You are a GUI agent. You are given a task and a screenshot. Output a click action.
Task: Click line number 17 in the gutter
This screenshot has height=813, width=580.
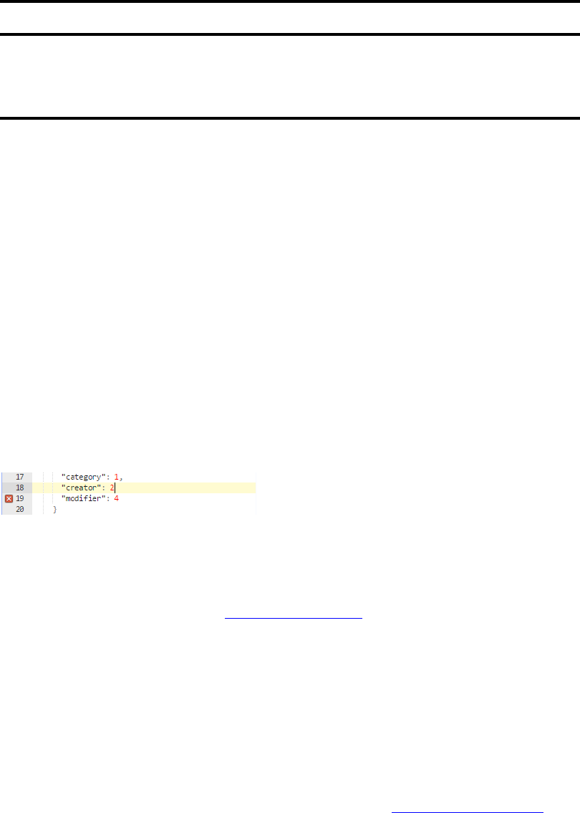pos(19,476)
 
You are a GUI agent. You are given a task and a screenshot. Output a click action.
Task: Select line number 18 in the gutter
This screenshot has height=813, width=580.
pos(19,488)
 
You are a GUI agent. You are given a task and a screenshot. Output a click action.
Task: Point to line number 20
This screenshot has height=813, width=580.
pos(19,509)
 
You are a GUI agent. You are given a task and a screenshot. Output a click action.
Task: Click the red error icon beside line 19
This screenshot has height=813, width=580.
pos(9,498)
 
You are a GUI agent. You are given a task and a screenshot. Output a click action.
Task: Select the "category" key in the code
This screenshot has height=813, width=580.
pos(84,476)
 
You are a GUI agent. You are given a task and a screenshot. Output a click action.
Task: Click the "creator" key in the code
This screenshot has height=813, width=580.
pos(80,488)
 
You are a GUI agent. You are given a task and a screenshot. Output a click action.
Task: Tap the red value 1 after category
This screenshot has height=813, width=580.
pos(116,476)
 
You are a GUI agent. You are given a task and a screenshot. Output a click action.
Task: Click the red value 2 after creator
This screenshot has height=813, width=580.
pos(112,488)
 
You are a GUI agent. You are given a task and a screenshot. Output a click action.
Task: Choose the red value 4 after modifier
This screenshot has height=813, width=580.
pos(116,498)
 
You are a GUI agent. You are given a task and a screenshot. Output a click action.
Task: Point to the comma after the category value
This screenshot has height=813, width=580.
pos(120,477)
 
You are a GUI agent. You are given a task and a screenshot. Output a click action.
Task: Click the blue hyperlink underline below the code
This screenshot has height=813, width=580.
pos(294,616)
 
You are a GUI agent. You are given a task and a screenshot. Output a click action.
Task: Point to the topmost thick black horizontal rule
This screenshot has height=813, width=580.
pos(290,2)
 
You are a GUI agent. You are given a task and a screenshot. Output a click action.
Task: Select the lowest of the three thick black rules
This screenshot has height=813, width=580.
pos(290,118)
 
